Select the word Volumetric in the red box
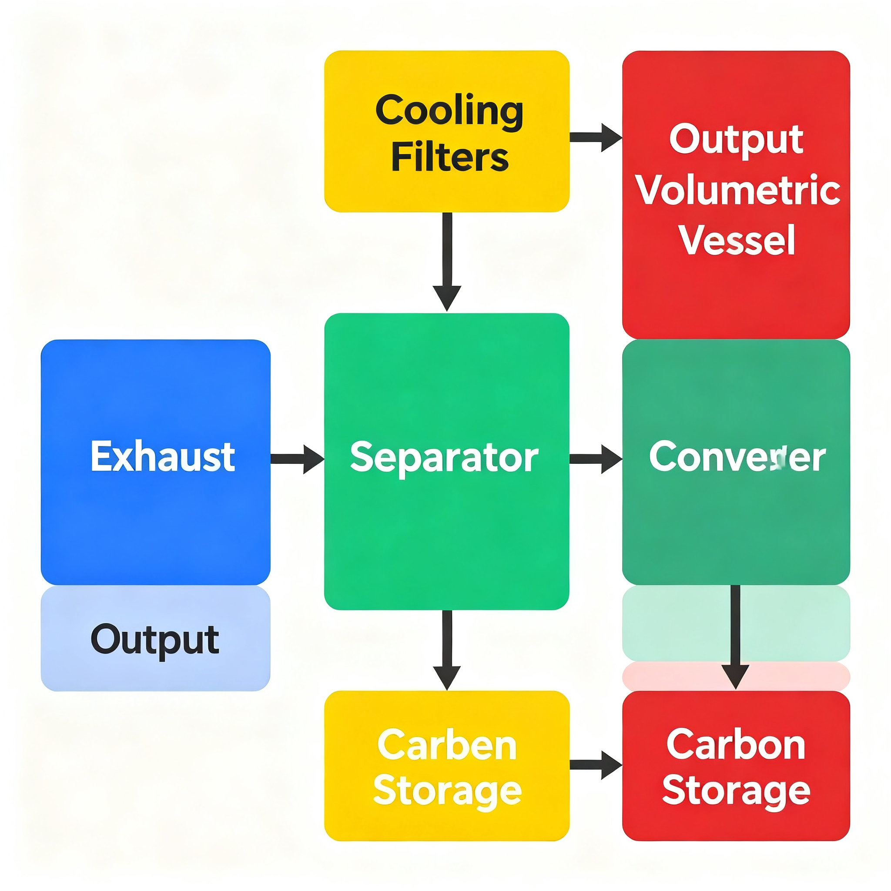coord(737,190)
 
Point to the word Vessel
coord(737,240)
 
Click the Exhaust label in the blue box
coord(163,456)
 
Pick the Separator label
coord(444,458)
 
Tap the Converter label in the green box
coord(737,456)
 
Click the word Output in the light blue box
coord(155,640)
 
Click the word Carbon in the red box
coord(736,745)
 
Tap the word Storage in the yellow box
coord(447,792)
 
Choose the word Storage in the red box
coord(736,792)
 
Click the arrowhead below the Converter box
coord(735,676)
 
